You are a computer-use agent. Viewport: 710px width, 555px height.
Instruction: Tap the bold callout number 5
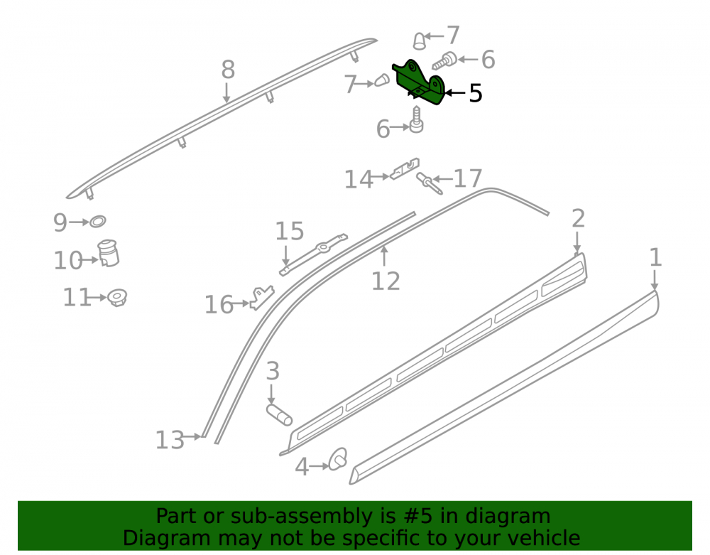(476, 93)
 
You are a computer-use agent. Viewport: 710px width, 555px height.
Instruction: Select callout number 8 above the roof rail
(228, 70)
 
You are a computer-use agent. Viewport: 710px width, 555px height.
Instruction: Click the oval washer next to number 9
(97, 222)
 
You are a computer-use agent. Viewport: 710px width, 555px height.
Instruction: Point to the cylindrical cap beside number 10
(108, 253)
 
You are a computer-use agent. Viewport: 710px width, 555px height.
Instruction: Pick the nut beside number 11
(117, 298)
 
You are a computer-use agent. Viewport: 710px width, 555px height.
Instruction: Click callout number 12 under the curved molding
(386, 281)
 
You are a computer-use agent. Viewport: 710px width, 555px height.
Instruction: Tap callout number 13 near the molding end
(170, 440)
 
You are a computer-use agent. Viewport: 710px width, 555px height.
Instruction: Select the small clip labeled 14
(405, 168)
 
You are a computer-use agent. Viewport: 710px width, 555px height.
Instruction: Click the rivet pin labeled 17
(429, 183)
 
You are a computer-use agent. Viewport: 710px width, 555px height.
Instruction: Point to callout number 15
(290, 231)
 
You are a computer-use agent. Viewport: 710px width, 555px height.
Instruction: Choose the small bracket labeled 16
(263, 297)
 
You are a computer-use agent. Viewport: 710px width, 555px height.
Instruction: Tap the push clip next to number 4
(338, 459)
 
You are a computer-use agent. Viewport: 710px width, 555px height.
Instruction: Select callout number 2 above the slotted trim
(578, 219)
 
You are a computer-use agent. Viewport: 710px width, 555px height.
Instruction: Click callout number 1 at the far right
(655, 257)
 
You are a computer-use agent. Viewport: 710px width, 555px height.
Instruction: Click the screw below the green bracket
(416, 119)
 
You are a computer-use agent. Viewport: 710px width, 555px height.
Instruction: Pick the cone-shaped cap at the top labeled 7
(420, 41)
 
